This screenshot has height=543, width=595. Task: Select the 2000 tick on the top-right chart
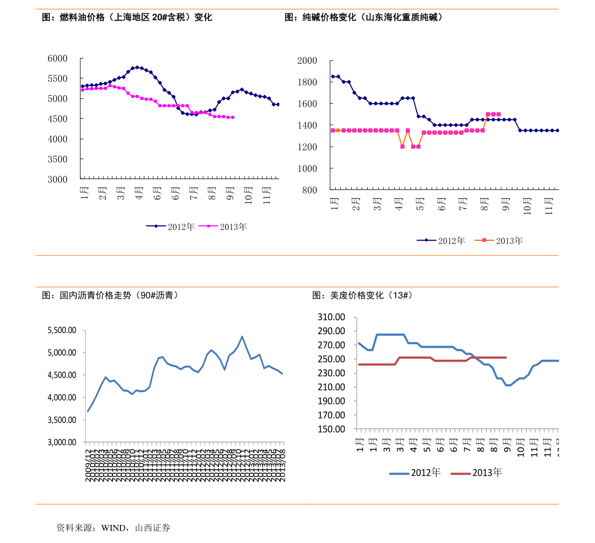tap(307, 61)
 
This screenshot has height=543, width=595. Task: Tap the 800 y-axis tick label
tap(309, 190)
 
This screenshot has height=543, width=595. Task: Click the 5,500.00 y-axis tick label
tap(62, 330)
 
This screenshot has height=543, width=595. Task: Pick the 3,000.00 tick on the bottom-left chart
tap(62, 442)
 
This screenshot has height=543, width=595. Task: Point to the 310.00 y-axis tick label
tap(331, 317)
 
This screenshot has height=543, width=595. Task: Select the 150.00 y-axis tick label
tap(331, 429)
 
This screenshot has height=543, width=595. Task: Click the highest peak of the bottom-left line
tap(242, 337)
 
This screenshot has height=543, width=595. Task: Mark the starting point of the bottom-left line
tap(88, 411)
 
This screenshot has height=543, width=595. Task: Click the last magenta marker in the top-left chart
tap(233, 117)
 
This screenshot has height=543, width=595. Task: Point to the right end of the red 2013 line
tap(506, 357)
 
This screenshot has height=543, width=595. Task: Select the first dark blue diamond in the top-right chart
tap(333, 76)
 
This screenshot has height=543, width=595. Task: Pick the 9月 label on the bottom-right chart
tap(507, 444)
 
